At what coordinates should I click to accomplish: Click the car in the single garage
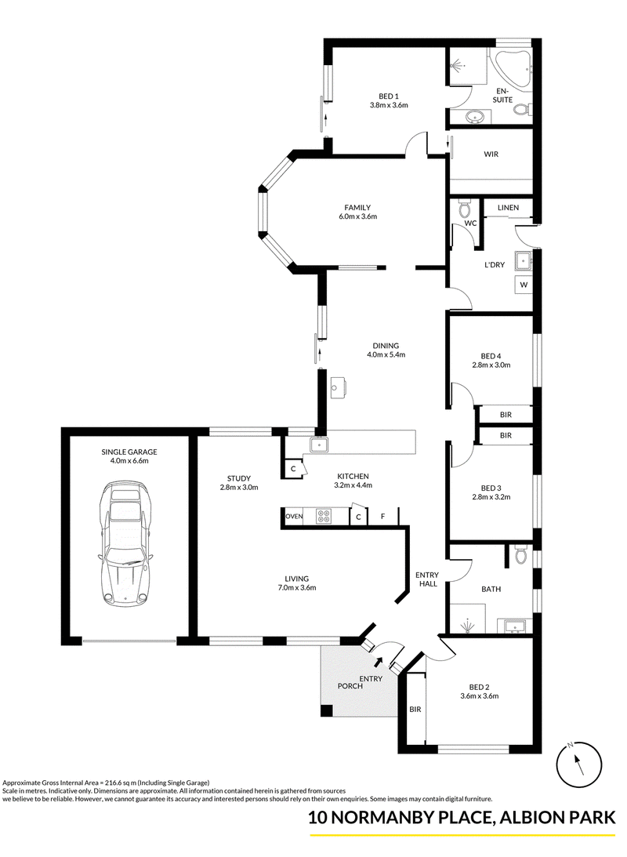click(126, 544)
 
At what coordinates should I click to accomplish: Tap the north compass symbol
click(578, 764)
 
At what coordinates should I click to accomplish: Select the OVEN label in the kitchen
click(295, 517)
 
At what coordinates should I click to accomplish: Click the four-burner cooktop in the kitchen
click(324, 517)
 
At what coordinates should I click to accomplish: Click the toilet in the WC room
click(465, 208)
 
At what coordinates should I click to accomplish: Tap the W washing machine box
click(524, 285)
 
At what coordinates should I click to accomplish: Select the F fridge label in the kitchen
click(383, 516)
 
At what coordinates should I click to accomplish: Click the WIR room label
click(491, 154)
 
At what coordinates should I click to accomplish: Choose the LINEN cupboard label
click(508, 208)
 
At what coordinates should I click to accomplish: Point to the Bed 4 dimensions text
click(491, 365)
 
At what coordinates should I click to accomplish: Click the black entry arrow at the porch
click(378, 663)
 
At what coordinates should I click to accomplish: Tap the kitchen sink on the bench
click(318, 445)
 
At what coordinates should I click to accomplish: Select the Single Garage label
click(129, 452)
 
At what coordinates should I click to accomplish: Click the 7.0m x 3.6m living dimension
click(296, 588)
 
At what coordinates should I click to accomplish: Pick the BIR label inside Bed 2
click(415, 710)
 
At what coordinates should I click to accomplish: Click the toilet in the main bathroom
click(521, 555)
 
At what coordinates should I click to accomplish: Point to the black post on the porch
click(326, 710)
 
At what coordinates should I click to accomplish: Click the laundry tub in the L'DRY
click(524, 261)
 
